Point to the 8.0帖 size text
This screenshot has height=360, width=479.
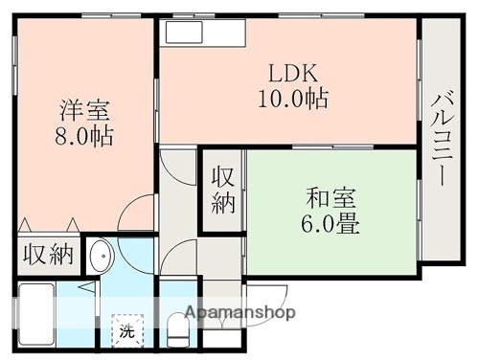point(82,135)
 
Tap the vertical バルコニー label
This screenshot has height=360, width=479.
point(443,140)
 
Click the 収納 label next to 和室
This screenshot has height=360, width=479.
point(223,190)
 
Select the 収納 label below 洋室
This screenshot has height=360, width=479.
point(48,254)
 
